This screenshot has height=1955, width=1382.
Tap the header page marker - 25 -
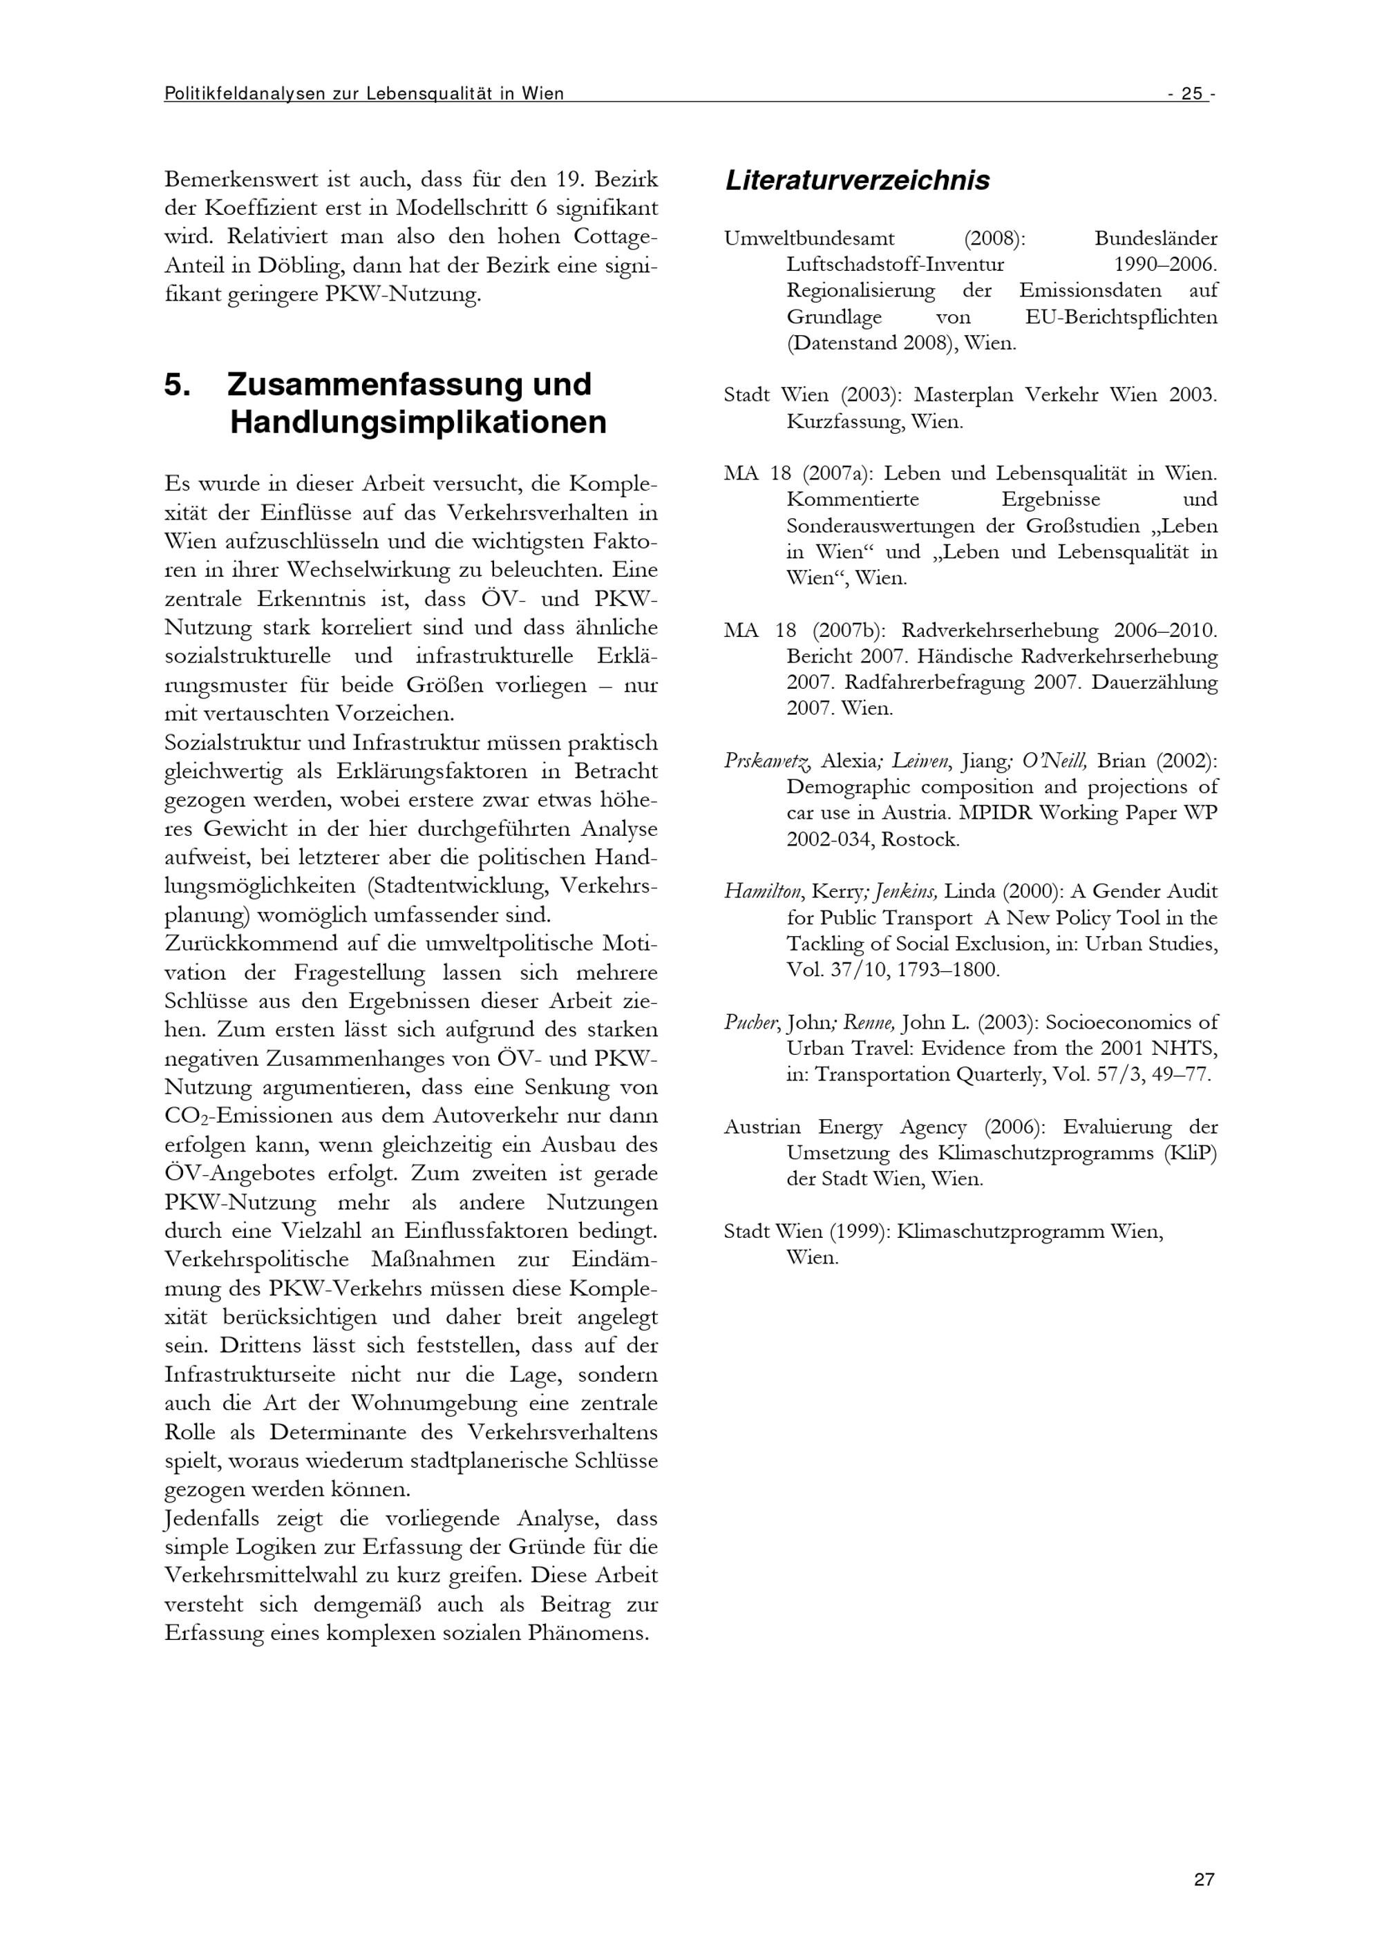point(1191,94)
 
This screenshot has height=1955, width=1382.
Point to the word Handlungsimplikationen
point(418,423)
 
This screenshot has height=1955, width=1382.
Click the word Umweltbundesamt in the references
point(809,238)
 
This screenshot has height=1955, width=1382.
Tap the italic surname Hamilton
point(764,892)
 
